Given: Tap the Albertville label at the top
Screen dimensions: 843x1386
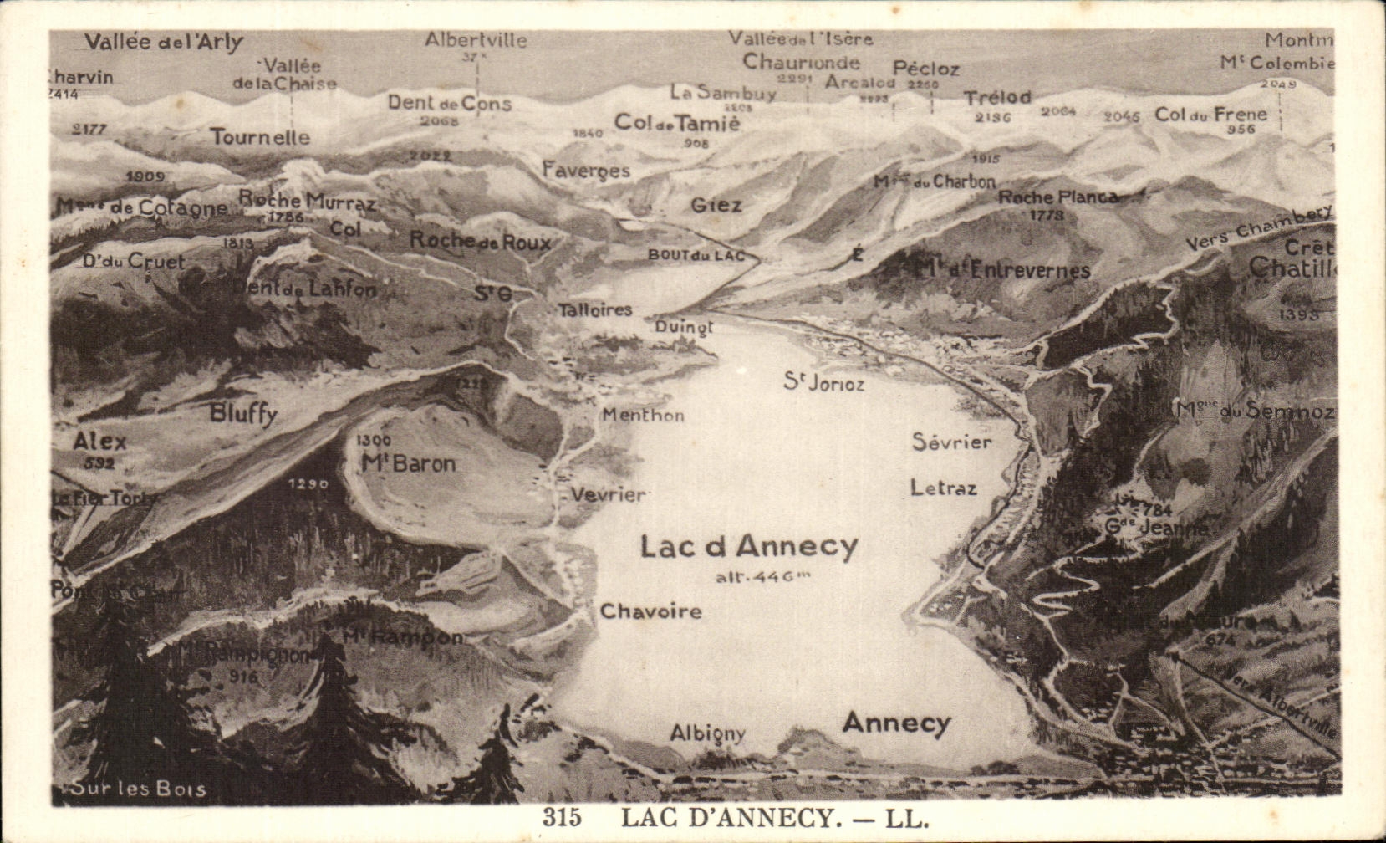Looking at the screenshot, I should [x=476, y=40].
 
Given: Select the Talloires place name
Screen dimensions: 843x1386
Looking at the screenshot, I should [x=595, y=309].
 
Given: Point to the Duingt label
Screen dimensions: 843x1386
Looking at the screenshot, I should [x=684, y=327].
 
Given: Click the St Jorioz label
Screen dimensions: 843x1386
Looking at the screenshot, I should [x=823, y=382].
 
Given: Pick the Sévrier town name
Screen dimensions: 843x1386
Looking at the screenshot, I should [x=951, y=442].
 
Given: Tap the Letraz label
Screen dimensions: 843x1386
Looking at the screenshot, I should [x=943, y=487].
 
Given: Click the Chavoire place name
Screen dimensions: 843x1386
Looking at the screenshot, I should [x=650, y=611].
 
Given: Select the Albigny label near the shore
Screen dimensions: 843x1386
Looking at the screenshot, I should [x=707, y=733].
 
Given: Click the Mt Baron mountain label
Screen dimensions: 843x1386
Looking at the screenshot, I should [x=408, y=463].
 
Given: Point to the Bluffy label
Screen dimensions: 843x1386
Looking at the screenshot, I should [x=243, y=412].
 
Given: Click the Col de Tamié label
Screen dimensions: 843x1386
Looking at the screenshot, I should [x=677, y=122].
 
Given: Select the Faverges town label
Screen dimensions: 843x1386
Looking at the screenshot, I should [x=586, y=170].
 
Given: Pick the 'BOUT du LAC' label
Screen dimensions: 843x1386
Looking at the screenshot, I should [x=696, y=255].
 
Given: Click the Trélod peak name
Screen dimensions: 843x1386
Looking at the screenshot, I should [x=997, y=98].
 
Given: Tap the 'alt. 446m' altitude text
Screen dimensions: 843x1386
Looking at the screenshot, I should [x=762, y=576].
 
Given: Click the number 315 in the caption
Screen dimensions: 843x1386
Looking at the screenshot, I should [x=561, y=817].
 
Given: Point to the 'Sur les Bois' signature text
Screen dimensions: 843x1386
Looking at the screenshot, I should [x=138, y=789].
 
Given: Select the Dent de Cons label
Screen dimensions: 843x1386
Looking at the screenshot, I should [x=449, y=103].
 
